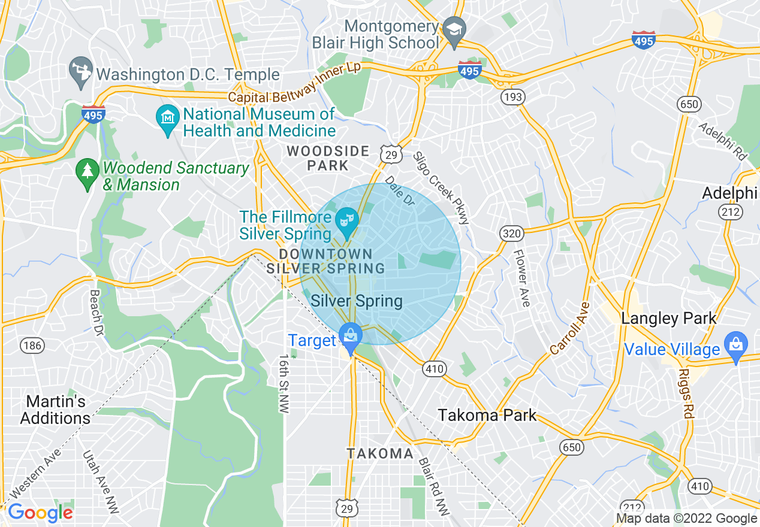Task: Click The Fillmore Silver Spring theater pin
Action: point(346,220)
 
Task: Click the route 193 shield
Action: point(514,97)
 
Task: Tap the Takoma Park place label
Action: point(487,415)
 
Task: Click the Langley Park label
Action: point(669,318)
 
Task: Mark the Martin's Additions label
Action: point(55,410)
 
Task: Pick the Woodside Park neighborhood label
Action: point(327,158)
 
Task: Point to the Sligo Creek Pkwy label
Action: point(442,187)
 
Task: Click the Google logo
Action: point(40,513)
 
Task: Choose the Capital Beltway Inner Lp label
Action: point(294,83)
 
